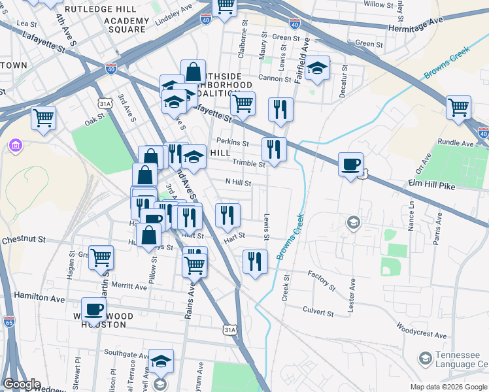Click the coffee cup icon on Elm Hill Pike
(351, 164)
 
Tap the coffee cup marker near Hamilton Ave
(93, 309)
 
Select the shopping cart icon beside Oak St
(44, 118)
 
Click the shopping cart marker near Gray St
(101, 257)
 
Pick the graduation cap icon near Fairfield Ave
(317, 68)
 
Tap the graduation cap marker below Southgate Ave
(161, 361)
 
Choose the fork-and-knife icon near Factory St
(255, 261)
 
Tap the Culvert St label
(318, 312)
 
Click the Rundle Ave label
(455, 143)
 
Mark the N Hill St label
(238, 183)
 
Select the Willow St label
(378, 5)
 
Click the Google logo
(22, 384)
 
